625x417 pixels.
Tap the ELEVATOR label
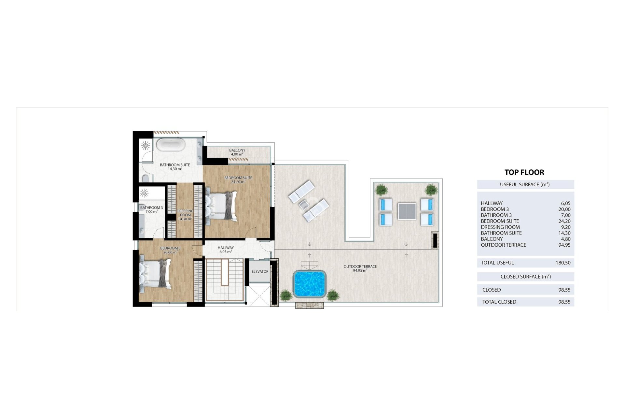(260, 271)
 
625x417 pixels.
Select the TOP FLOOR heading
(524, 172)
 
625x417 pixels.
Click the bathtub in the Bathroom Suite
(171, 145)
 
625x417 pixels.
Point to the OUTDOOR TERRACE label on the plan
(360, 266)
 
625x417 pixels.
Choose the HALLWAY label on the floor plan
(226, 248)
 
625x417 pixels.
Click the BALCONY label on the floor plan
(237, 151)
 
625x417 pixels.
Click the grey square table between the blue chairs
(407, 211)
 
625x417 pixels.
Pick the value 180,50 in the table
(563, 263)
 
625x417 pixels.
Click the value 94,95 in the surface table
(564, 245)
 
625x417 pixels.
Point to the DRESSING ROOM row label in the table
(500, 227)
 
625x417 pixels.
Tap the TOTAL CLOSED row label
(499, 302)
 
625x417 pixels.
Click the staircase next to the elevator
(225, 279)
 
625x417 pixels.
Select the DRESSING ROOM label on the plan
(185, 213)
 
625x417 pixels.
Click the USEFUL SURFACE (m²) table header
(525, 184)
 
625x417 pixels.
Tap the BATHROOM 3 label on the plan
(151, 208)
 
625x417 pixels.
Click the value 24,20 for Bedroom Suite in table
(564, 221)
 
